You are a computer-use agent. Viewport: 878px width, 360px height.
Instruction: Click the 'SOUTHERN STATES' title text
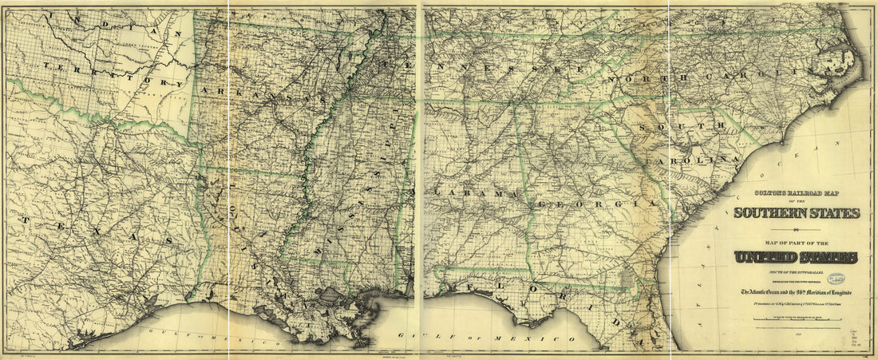(797, 213)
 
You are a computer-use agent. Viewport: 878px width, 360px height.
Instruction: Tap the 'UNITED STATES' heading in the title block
(797, 258)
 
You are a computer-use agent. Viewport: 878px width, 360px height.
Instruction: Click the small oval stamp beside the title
(836, 279)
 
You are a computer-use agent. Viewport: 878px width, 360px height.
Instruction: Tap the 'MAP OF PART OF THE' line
(796, 243)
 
